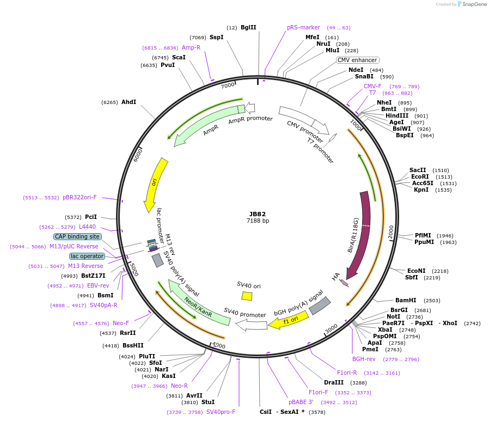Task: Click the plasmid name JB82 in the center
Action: click(258, 214)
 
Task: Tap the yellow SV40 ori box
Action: click(247, 296)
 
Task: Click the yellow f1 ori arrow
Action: click(289, 321)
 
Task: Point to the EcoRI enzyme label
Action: click(420, 176)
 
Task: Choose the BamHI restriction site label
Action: click(406, 300)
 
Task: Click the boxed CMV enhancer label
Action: click(357, 60)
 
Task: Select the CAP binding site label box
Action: click(77, 236)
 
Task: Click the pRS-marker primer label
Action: click(303, 27)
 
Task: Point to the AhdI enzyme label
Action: click(129, 102)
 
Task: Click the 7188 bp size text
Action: click(258, 221)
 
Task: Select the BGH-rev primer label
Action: click(363, 359)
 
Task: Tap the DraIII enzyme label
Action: click(334, 382)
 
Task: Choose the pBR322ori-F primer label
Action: click(80, 197)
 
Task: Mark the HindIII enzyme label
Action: click(397, 115)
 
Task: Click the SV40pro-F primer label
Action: click(221, 412)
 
